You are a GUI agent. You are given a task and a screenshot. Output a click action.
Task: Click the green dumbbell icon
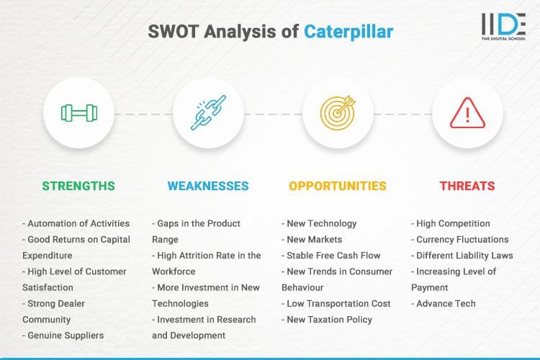pyautogui.click(x=78, y=113)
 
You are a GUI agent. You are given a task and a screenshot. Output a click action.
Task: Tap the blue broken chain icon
pyautogui.click(x=208, y=113)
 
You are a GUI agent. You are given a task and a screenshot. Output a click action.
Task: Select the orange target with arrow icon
pyautogui.click(x=338, y=113)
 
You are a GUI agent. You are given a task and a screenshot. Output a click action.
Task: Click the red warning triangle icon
pyautogui.click(x=467, y=113)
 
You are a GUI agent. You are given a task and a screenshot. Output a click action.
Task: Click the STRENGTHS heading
pyautogui.click(x=78, y=186)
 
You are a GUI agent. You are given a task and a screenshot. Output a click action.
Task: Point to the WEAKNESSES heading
pyautogui.click(x=208, y=186)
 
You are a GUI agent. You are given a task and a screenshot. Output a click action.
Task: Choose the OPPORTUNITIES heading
pyautogui.click(x=338, y=186)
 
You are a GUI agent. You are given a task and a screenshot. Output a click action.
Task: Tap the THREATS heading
pyautogui.click(x=467, y=186)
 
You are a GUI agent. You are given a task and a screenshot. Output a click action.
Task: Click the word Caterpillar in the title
pyautogui.click(x=348, y=32)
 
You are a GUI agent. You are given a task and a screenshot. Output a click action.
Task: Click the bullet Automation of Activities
pyautogui.click(x=76, y=223)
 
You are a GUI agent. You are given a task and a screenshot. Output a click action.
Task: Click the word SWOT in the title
pyautogui.click(x=174, y=32)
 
